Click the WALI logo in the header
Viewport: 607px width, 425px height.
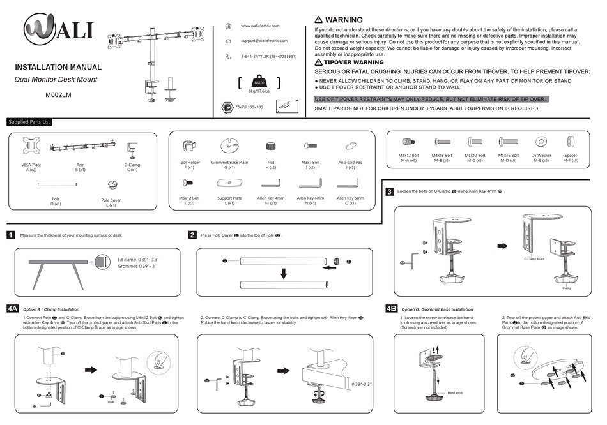(59, 30)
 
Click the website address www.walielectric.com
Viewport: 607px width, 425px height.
(260, 26)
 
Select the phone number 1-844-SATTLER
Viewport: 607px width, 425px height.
(268, 57)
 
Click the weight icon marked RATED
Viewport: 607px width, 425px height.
(259, 83)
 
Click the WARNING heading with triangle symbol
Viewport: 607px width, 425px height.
(339, 20)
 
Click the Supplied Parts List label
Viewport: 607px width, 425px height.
(29, 122)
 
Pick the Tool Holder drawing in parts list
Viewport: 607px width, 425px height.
(188, 147)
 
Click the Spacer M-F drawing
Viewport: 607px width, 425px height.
(571, 142)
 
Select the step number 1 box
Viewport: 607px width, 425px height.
(11, 235)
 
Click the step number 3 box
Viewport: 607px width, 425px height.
(389, 191)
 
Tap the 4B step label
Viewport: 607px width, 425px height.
(392, 308)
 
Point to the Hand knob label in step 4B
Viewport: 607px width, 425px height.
(455, 392)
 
